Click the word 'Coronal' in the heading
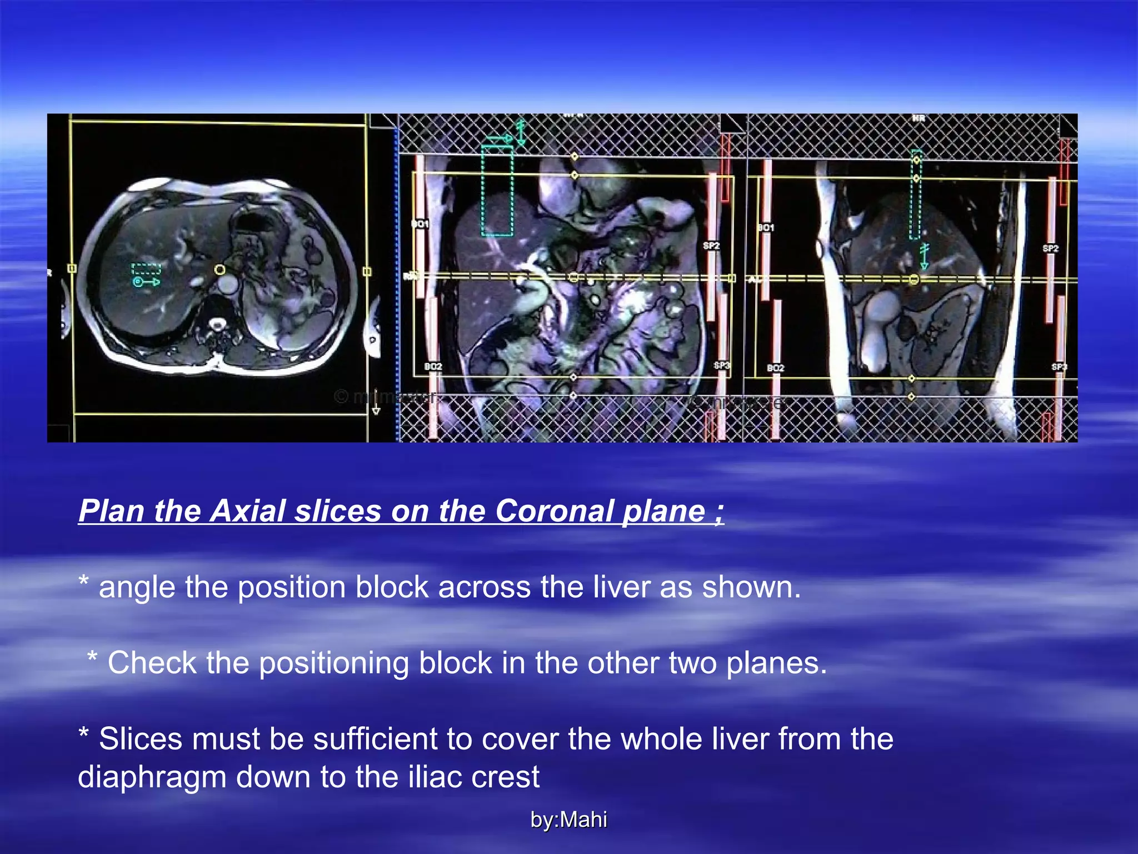coord(554,510)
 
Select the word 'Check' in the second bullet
coord(151,663)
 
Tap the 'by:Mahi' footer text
coord(568,820)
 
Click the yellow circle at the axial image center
coord(220,270)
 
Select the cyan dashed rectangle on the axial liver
coord(146,270)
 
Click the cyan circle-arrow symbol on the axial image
coord(146,282)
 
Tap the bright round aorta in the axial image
coord(227,285)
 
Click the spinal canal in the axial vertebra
coord(216,323)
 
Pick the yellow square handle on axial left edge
coord(72,269)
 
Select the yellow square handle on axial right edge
coord(367,271)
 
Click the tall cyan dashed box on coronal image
coord(497,191)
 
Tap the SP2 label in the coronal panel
coord(711,245)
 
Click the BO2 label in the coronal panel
coord(433,367)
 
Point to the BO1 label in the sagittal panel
coord(766,227)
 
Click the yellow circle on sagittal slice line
coord(914,279)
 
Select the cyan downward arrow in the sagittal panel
coord(924,257)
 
